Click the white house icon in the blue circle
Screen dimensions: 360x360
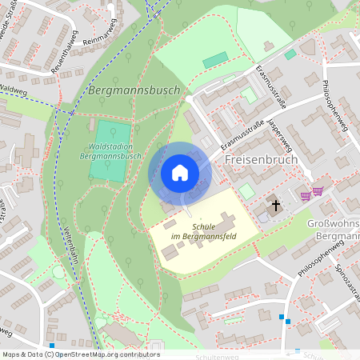tap(180, 173)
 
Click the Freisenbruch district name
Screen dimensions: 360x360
tap(262, 160)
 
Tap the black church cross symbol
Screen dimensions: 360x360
tap(275, 206)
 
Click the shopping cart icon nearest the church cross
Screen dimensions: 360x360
tap(305, 194)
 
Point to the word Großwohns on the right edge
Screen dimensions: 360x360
tap(333, 225)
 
